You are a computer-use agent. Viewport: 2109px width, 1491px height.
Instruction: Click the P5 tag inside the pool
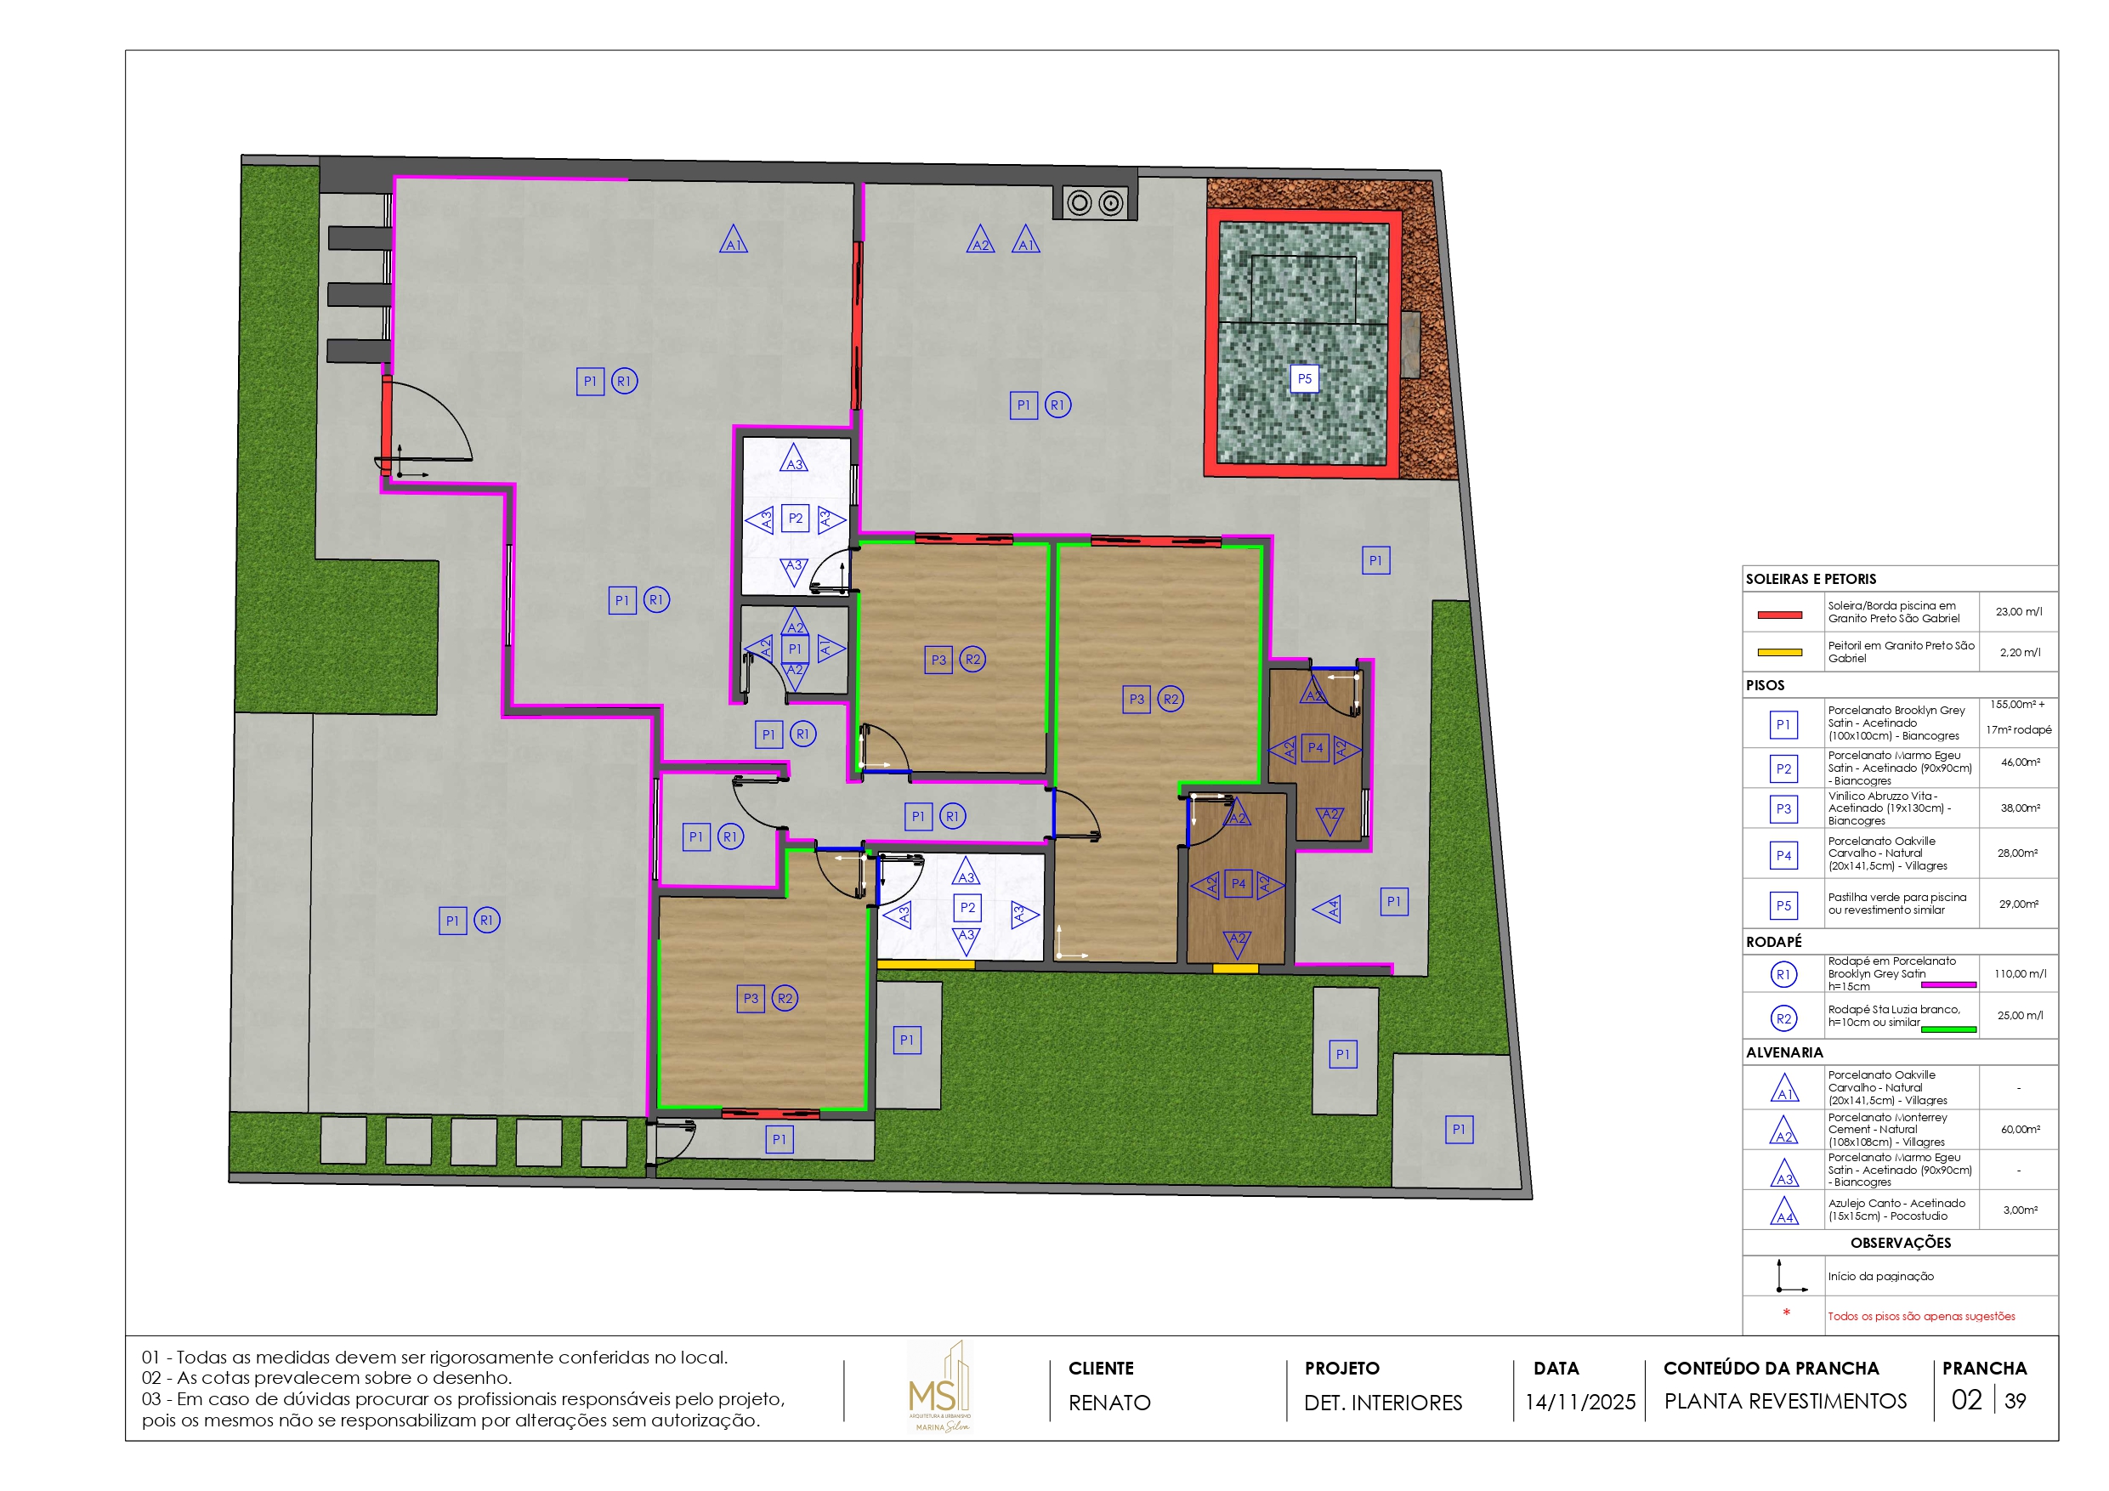1304,378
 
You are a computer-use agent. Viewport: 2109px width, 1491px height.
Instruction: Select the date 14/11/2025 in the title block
1580,1402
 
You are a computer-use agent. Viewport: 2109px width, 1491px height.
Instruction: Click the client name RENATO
1108,1403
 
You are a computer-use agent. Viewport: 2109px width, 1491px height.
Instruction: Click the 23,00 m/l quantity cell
2018,612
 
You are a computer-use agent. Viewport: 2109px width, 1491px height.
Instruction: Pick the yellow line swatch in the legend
1779,653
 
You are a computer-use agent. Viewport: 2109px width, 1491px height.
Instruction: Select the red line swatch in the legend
1779,615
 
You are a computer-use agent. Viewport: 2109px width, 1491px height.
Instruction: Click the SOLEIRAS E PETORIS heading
1811,580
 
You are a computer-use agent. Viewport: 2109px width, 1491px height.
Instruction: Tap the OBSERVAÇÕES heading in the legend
1901,1243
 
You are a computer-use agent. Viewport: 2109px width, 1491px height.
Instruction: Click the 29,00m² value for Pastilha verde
2018,905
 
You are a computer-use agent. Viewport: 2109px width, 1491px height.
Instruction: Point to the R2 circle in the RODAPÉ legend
1783,1019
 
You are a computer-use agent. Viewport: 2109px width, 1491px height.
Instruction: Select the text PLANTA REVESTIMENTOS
1785,1402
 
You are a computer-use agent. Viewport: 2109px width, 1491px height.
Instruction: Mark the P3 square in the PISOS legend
1783,809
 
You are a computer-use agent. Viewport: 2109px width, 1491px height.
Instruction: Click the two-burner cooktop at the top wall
1095,203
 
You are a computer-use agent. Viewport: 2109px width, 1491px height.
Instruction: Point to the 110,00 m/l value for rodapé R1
2020,974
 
